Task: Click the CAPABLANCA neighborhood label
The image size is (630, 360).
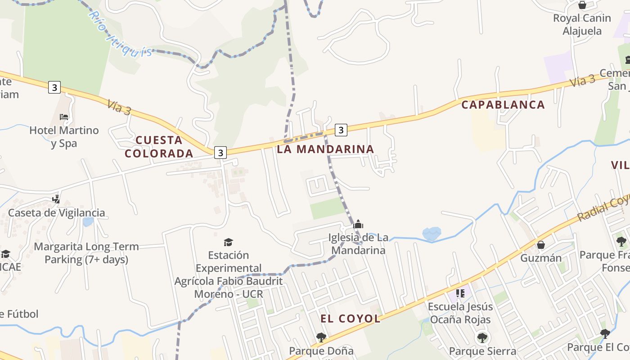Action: pyautogui.click(x=503, y=105)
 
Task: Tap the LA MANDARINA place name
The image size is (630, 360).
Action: pyautogui.click(x=325, y=149)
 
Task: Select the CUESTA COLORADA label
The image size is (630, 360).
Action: pyautogui.click(x=159, y=147)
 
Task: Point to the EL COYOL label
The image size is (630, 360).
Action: pyautogui.click(x=351, y=319)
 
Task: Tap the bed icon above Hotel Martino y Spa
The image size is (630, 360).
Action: pyautogui.click(x=64, y=117)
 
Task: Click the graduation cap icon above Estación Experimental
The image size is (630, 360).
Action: pyautogui.click(x=229, y=243)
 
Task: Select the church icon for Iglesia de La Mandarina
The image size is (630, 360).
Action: pyautogui.click(x=358, y=224)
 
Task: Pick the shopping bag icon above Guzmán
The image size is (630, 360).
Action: pyautogui.click(x=541, y=245)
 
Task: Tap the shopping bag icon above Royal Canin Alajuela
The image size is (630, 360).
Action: pyautogui.click(x=582, y=5)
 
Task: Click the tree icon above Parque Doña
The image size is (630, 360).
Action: pyautogui.click(x=321, y=337)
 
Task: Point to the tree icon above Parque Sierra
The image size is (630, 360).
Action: pyautogui.click(x=482, y=337)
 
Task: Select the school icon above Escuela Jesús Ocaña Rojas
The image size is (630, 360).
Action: pyautogui.click(x=460, y=293)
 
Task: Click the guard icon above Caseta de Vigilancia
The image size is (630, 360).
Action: pyautogui.click(x=56, y=198)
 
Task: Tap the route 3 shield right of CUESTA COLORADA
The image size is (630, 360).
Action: pyautogui.click(x=220, y=153)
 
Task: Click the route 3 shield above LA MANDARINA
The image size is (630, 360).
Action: pyautogui.click(x=341, y=130)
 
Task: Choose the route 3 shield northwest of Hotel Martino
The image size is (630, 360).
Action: pyautogui.click(x=54, y=87)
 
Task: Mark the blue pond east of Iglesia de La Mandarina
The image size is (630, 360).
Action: pyautogui.click(x=432, y=233)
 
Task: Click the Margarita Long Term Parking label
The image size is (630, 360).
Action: pyautogui.click(x=86, y=253)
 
